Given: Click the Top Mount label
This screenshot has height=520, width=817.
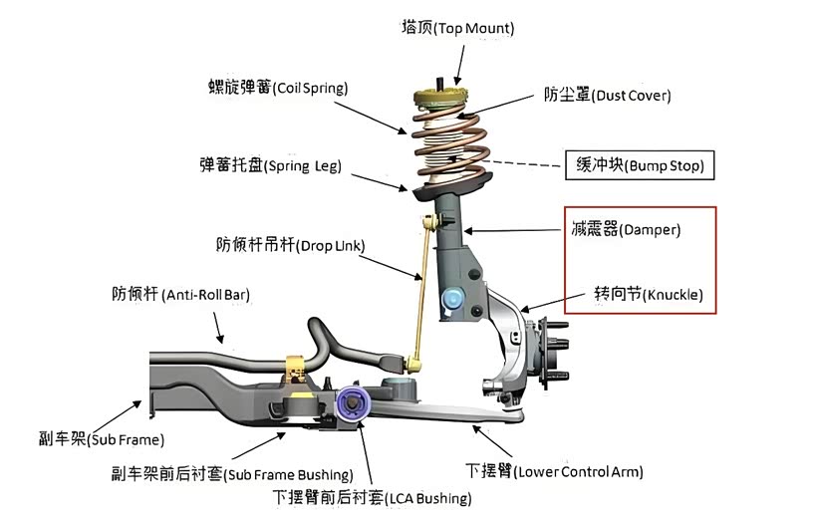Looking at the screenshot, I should [x=458, y=28].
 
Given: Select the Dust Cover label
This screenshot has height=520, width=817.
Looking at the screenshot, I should [x=607, y=96].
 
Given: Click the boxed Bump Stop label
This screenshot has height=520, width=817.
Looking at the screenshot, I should [x=640, y=165].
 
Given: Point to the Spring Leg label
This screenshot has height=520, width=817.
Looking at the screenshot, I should [x=271, y=165].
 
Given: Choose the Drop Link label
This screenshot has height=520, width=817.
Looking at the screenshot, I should [x=290, y=243].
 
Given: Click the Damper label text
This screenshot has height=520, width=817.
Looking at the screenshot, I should [x=624, y=229].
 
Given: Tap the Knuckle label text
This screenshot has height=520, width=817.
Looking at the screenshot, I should [x=648, y=295].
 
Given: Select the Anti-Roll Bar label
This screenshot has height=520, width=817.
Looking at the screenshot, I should [x=180, y=294].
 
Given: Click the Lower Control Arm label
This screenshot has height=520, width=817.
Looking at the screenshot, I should [x=554, y=470].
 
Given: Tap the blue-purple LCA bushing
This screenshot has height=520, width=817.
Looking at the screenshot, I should [x=354, y=402].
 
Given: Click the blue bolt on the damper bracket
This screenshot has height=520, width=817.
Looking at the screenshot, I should [x=452, y=296].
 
